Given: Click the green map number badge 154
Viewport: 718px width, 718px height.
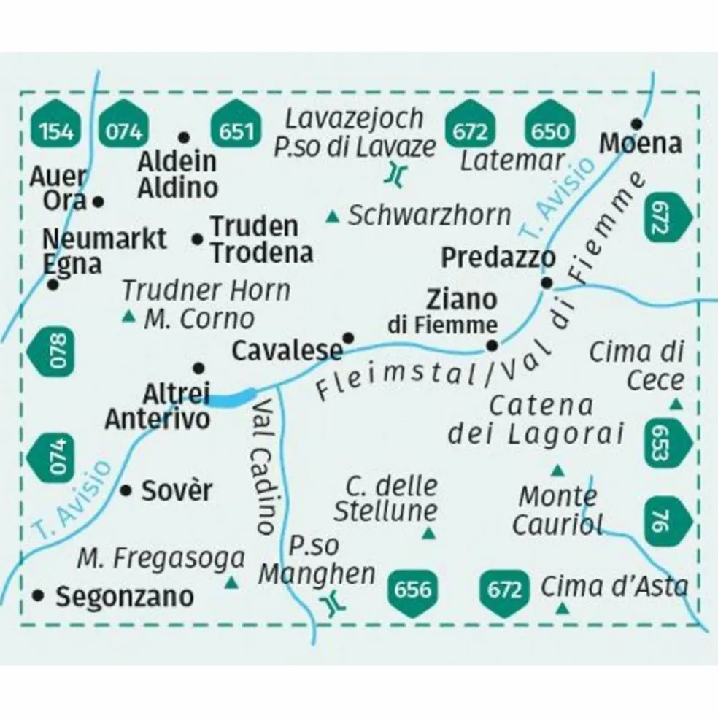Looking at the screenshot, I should coord(56,131).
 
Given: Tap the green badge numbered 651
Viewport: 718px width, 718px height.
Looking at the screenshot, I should coord(236,131).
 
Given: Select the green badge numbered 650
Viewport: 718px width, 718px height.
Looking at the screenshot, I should coord(549,131).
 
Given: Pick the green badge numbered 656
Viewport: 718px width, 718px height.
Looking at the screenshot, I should coord(412,588).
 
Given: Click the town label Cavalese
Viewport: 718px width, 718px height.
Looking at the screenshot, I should coord(286,351).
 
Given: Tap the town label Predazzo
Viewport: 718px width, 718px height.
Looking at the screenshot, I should coord(498,258).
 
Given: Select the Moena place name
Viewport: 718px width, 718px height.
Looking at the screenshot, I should coord(641,144).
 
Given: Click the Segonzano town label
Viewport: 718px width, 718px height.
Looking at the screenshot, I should coord(125,597).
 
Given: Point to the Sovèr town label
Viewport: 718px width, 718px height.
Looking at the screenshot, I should coord(177,491).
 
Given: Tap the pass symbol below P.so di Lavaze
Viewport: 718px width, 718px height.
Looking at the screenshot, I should coord(395,173).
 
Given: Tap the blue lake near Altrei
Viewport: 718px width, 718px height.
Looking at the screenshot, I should coord(232,398).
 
